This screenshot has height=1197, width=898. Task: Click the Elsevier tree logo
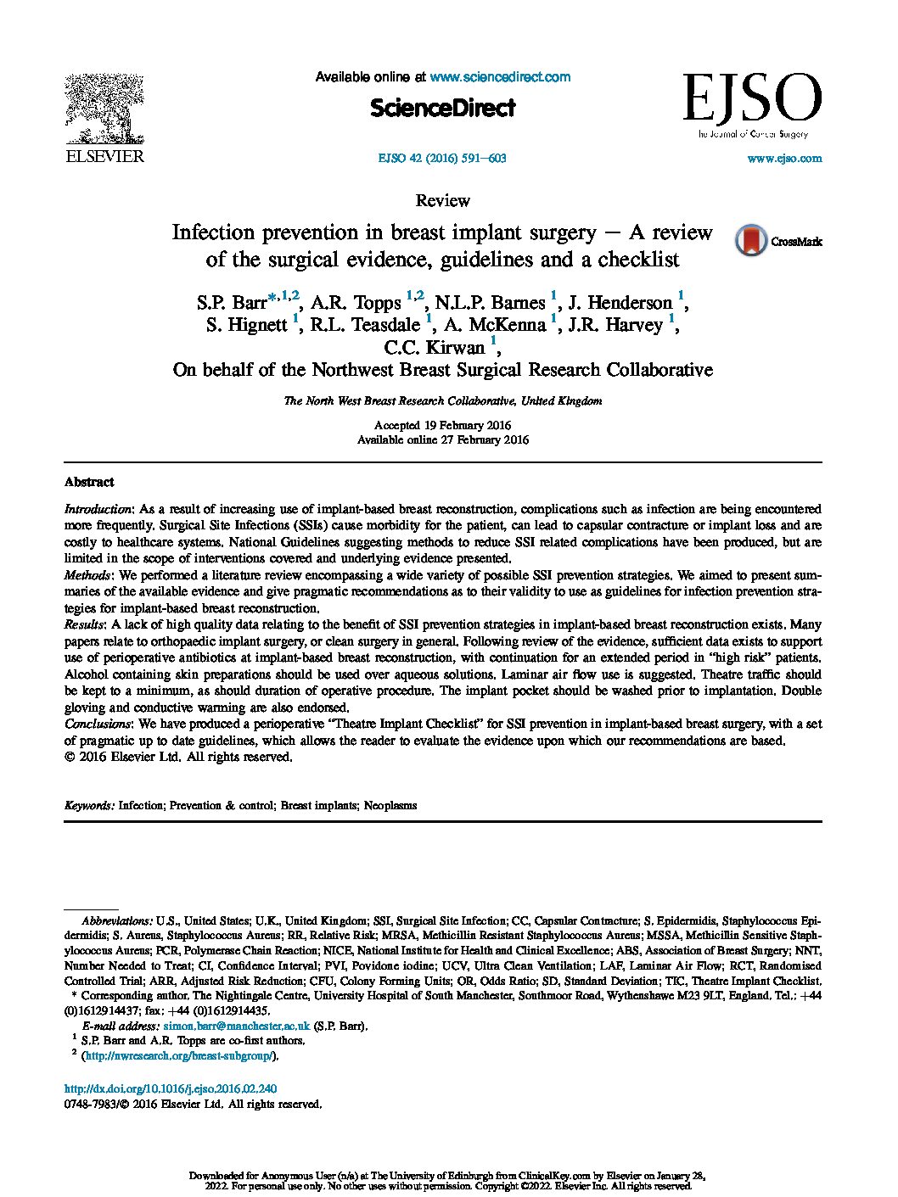[x=105, y=110]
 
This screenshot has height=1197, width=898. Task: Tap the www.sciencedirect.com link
[x=500, y=77]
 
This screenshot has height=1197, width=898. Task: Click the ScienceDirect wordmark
[x=442, y=108]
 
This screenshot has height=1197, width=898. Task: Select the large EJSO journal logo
[x=752, y=99]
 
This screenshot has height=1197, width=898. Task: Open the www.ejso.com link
[x=783, y=158]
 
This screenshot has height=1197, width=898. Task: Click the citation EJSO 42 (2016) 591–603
[x=441, y=158]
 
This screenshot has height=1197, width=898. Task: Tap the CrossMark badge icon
[x=751, y=241]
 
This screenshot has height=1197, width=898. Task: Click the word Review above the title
[x=442, y=201]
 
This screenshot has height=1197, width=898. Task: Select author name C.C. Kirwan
[x=435, y=347]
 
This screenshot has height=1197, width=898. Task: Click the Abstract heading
[x=89, y=482]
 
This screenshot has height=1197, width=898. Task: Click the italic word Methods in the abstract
[x=86, y=575]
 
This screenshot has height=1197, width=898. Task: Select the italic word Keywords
[x=89, y=805]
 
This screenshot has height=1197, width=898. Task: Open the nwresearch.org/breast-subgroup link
[x=179, y=1056]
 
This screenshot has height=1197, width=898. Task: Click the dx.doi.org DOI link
[x=171, y=1088]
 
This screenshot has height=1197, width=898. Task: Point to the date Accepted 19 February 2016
[x=442, y=425]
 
